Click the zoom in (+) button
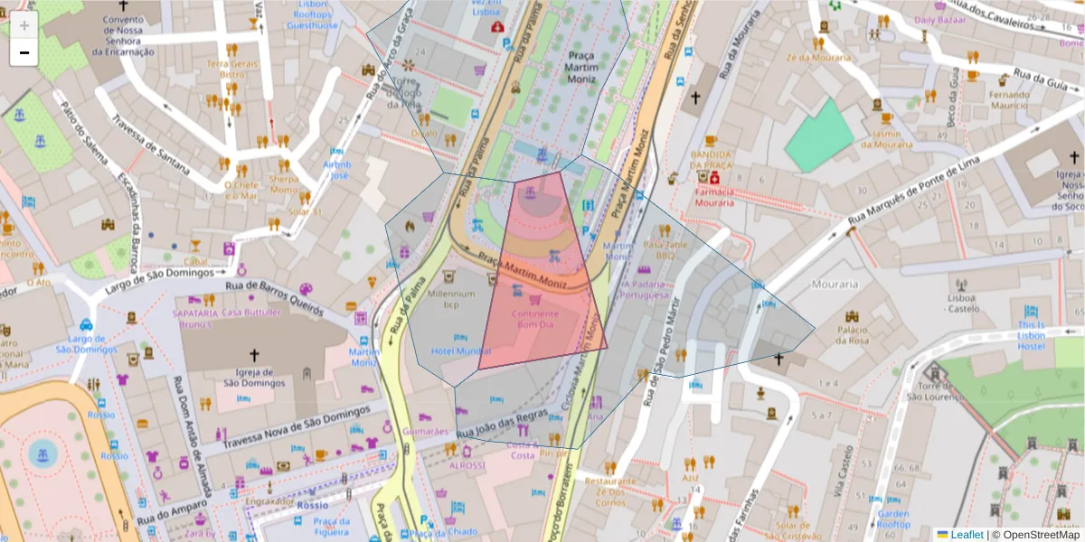[24, 25]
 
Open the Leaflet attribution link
[967, 535]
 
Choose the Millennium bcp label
[451, 299]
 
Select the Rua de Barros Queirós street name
[273, 295]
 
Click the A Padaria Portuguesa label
[649, 289]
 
